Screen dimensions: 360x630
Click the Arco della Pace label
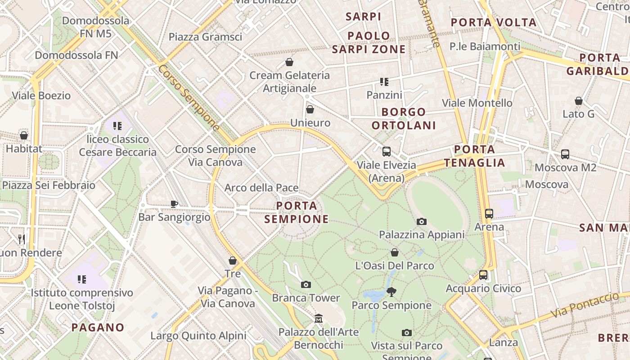pyautogui.click(x=261, y=188)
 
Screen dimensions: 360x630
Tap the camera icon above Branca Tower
pyautogui.click(x=306, y=284)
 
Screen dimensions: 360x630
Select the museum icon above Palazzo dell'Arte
pyautogui.click(x=319, y=319)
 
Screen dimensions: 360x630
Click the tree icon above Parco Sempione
pyautogui.click(x=391, y=292)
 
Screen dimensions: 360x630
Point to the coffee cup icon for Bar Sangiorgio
pyautogui.click(x=174, y=204)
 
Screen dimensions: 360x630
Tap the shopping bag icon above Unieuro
pyautogui.click(x=310, y=109)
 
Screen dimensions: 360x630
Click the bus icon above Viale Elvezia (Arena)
pyautogui.click(x=386, y=152)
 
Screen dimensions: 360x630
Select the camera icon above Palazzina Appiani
pyautogui.click(x=422, y=221)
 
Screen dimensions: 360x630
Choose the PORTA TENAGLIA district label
pyautogui.click(x=475, y=156)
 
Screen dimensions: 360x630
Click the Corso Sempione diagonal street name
pyautogui.click(x=189, y=98)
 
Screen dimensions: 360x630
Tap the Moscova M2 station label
pyautogui.click(x=565, y=168)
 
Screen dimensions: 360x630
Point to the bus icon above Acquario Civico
pyautogui.click(x=483, y=274)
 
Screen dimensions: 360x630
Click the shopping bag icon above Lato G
pyautogui.click(x=579, y=101)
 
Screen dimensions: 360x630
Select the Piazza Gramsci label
pyautogui.click(x=205, y=37)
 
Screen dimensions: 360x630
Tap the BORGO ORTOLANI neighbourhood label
pyautogui.click(x=404, y=118)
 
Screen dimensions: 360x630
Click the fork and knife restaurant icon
pyautogui.click(x=22, y=239)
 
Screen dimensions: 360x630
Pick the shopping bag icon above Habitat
pyautogui.click(x=24, y=135)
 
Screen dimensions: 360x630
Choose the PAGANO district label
pyautogui.click(x=98, y=327)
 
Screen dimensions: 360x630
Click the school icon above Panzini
pyautogui.click(x=384, y=82)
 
